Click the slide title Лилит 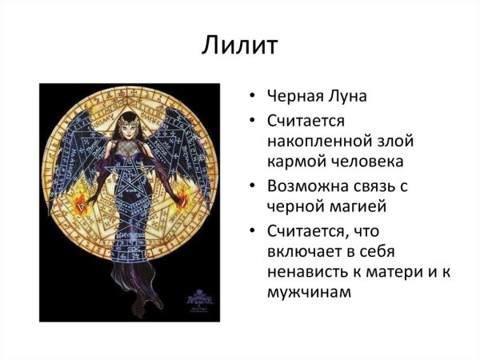click(239, 45)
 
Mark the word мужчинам click(309, 293)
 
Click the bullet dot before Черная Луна click(253, 98)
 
